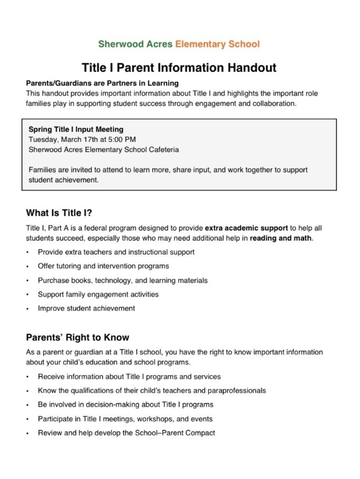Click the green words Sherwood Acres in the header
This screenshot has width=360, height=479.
click(135, 44)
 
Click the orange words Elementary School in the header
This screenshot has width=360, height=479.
click(217, 44)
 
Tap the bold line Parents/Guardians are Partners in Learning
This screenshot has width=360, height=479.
click(102, 83)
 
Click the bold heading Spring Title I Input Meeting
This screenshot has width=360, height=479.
click(76, 129)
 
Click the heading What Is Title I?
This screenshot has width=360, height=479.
click(59, 213)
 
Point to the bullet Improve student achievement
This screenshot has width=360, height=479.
click(86, 308)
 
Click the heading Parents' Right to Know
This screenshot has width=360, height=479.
click(77, 338)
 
